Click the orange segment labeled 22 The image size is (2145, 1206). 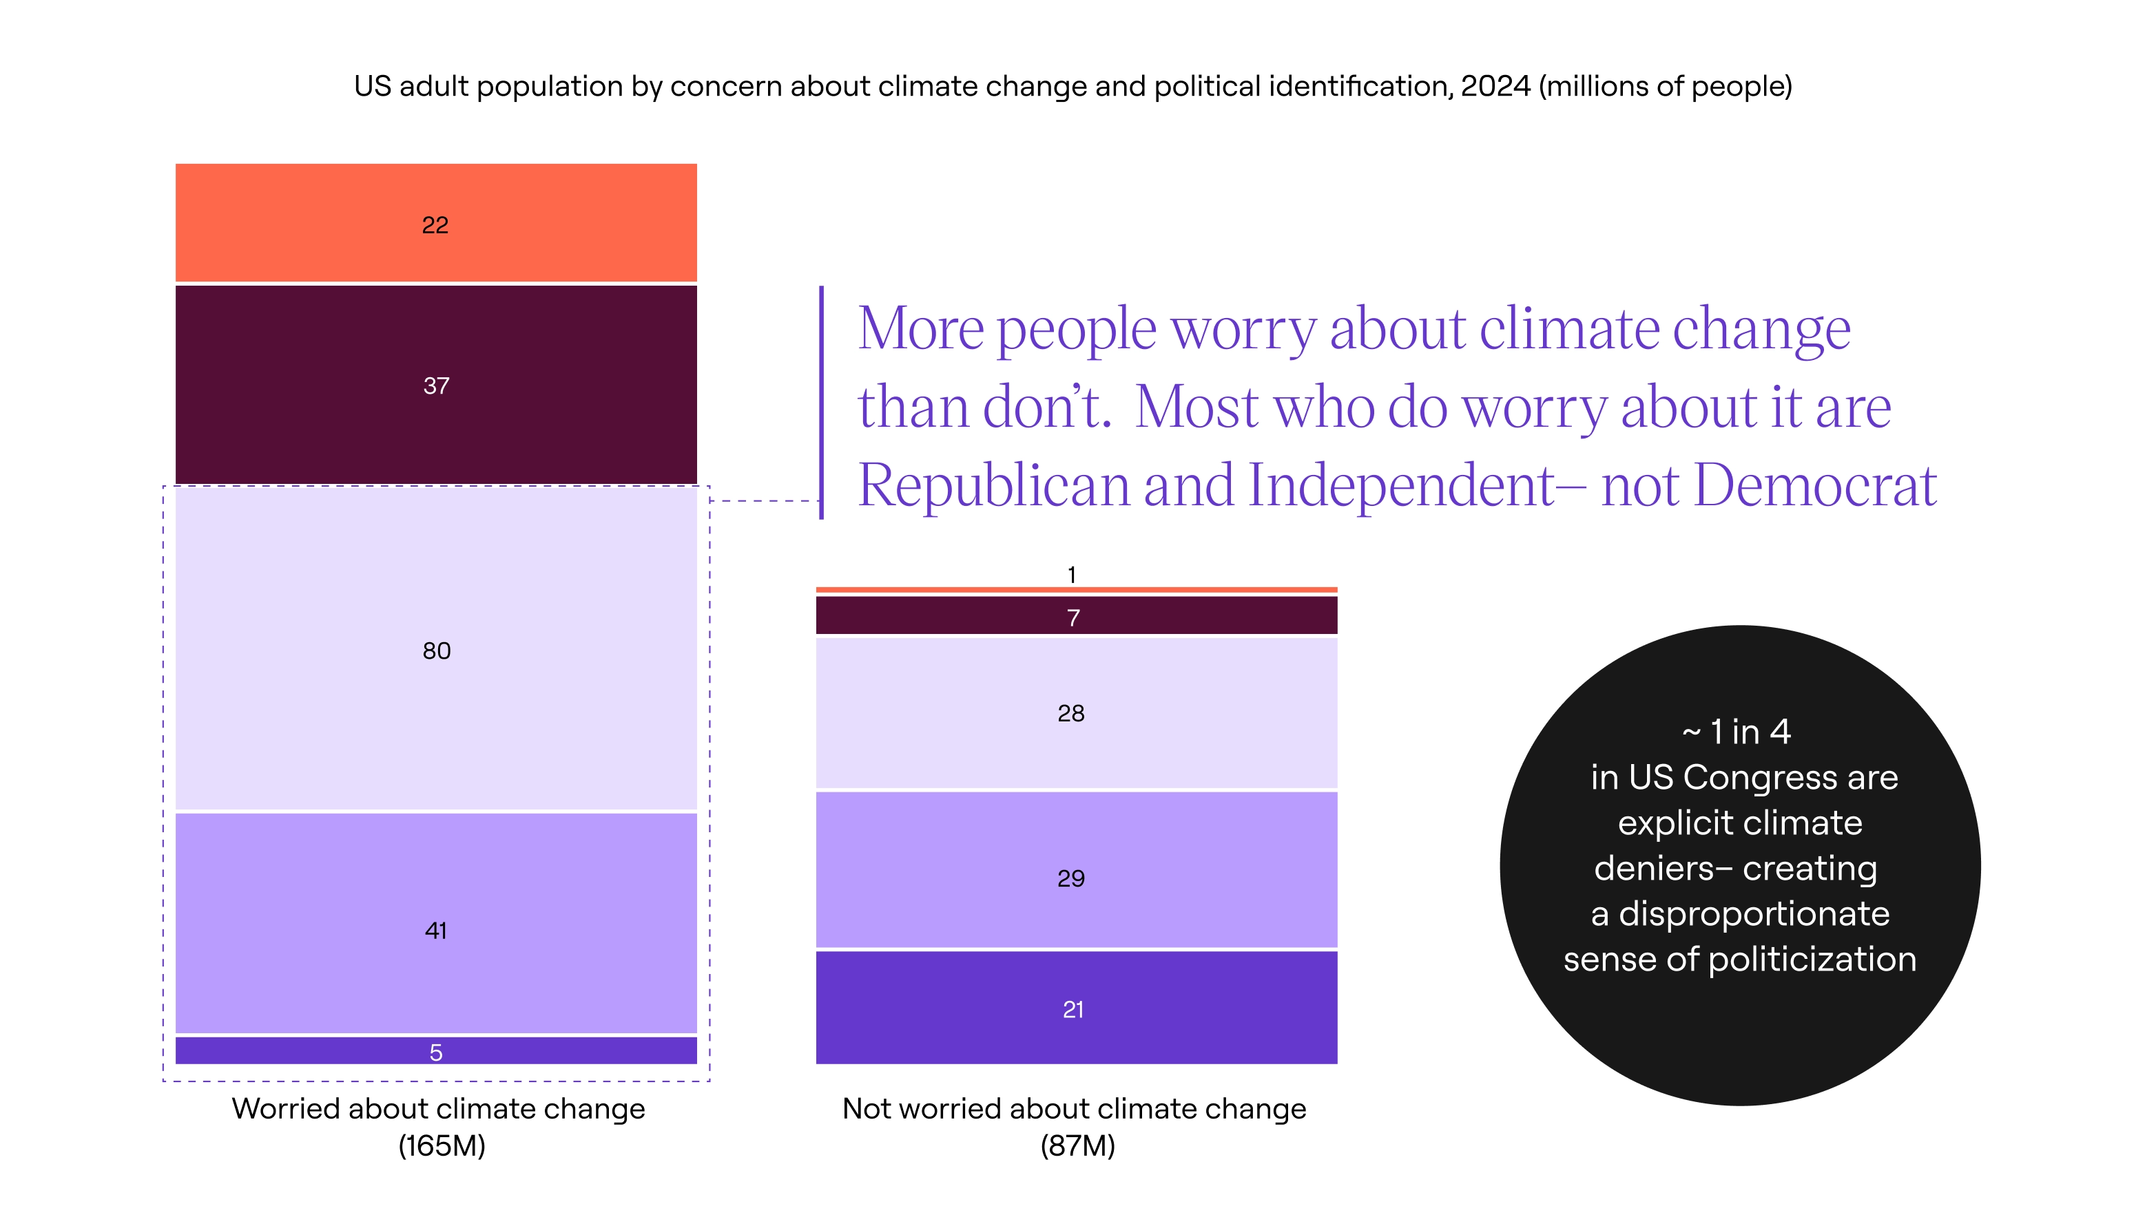(435, 223)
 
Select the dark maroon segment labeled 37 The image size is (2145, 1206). (435, 385)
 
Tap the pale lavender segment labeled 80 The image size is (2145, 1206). (435, 649)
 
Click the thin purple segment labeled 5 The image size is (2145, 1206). (435, 1050)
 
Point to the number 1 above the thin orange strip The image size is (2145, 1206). (1072, 574)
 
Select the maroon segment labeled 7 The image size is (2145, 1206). (1074, 617)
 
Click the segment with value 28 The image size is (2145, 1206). (1074, 712)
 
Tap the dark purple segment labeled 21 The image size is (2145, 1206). (1074, 1008)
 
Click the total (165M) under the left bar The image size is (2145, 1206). (442, 1146)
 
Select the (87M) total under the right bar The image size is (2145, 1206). (1077, 1146)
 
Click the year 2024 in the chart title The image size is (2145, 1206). (1495, 87)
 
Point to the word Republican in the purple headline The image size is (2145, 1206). (993, 486)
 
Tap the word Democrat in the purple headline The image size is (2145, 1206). (1815, 486)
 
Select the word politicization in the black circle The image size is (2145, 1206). (1812, 960)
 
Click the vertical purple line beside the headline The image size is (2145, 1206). (821, 403)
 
